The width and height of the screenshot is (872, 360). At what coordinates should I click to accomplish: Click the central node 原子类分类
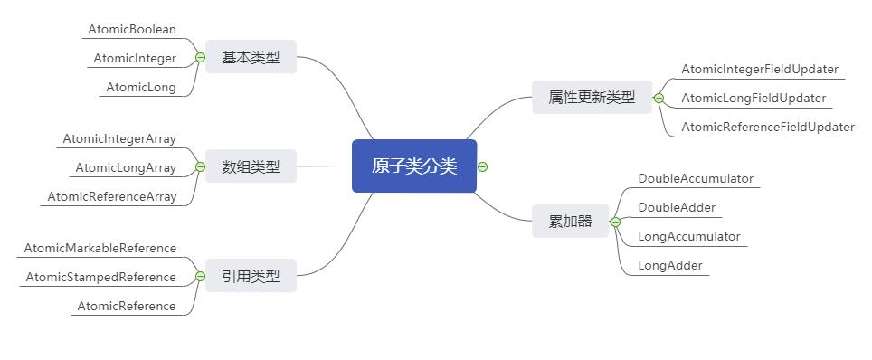point(413,166)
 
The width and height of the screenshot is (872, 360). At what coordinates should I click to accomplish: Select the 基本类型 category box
point(251,58)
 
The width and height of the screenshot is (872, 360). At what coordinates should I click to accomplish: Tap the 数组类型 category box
point(251,166)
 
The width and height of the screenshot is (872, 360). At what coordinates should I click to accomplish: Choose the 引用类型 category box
point(251,276)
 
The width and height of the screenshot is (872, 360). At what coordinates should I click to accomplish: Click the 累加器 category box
point(570,222)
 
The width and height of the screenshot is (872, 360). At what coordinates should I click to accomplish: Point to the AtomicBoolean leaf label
point(132,29)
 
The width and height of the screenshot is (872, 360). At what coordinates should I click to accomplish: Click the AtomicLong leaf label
point(141,88)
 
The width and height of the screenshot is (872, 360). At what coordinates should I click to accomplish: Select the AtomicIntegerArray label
point(119,138)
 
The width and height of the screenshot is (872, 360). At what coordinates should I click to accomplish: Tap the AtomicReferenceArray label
point(112,196)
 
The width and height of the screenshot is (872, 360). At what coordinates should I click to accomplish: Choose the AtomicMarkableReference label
point(100,248)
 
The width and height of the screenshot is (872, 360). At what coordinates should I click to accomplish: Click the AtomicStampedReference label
point(101,277)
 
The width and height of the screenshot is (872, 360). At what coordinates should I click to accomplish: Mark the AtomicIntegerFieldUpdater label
point(760,69)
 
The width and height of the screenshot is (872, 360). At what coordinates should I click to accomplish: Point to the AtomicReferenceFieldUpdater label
point(768,127)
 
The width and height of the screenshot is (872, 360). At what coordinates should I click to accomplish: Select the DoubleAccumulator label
point(696,178)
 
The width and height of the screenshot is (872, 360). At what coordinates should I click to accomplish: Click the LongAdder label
point(670,265)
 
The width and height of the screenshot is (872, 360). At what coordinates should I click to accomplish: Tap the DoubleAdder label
point(677,207)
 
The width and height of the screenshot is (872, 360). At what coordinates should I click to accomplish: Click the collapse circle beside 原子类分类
point(483,166)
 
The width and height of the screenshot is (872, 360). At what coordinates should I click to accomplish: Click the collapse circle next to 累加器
point(615,222)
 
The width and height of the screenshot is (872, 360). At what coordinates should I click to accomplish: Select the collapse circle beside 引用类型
point(200,276)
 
